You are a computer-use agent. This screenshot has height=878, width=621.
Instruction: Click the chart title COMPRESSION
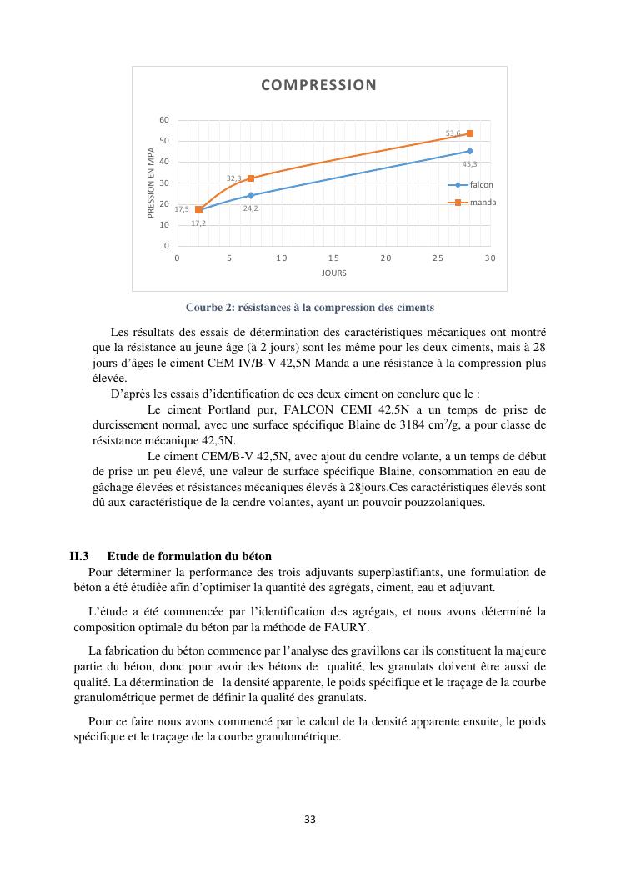click(318, 84)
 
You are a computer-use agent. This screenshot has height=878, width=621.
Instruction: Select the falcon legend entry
click(481, 184)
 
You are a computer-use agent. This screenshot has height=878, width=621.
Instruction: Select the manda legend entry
click(482, 203)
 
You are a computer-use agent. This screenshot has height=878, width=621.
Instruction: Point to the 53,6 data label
click(453, 133)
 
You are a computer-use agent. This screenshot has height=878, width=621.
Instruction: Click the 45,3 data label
click(469, 163)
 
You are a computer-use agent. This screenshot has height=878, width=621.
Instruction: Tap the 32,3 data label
click(234, 178)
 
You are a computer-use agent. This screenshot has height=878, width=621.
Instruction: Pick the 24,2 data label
click(250, 208)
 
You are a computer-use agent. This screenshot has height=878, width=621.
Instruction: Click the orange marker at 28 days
click(470, 133)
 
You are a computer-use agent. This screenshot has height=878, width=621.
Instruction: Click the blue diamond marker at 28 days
click(470, 151)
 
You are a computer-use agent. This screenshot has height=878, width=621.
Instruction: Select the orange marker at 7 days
click(251, 178)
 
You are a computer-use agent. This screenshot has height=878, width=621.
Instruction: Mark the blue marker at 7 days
click(251, 195)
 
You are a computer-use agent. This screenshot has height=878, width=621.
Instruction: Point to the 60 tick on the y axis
click(165, 120)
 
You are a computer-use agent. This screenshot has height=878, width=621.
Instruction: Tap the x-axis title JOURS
click(333, 273)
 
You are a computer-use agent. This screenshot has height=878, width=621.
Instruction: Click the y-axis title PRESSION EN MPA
click(152, 183)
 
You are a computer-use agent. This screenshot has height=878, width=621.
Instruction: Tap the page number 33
click(310, 819)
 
